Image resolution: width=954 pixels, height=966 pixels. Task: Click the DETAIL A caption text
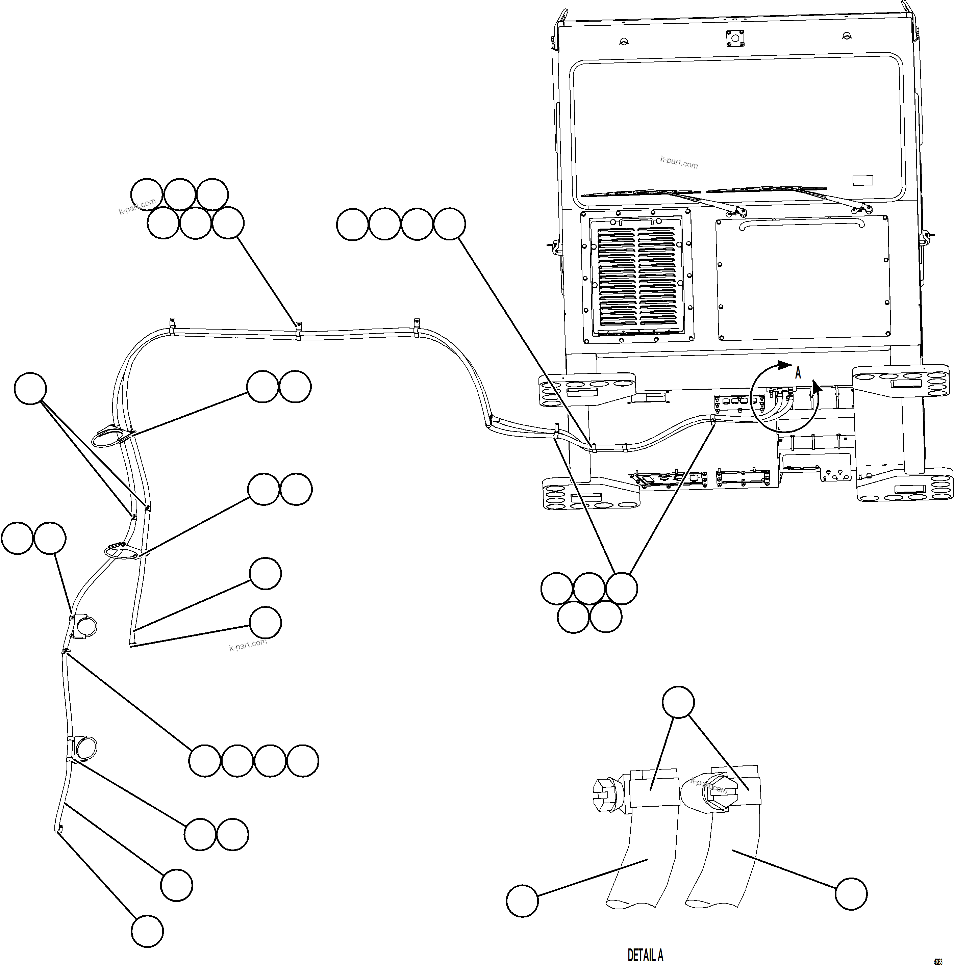pyautogui.click(x=645, y=956)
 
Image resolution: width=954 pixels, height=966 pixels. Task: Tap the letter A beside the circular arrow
pyautogui.click(x=798, y=372)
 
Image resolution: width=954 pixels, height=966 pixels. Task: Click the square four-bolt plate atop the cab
pyautogui.click(x=735, y=38)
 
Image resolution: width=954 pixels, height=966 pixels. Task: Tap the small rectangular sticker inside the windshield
pyautogui.click(x=862, y=180)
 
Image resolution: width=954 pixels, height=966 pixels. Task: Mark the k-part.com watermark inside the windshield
pyautogui.click(x=679, y=162)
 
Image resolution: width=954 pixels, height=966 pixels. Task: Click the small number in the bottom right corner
pyautogui.click(x=938, y=961)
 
